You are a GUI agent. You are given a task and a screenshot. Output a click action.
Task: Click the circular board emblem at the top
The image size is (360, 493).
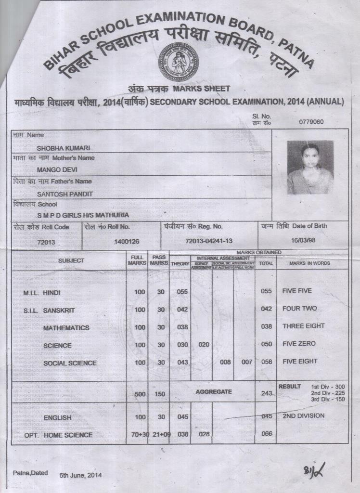point(178,62)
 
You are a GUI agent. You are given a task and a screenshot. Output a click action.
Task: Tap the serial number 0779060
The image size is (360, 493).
point(311,122)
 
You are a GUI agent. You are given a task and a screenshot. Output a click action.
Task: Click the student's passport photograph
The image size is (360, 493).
point(310,167)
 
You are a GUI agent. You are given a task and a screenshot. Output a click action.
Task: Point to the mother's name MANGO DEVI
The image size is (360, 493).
point(57,170)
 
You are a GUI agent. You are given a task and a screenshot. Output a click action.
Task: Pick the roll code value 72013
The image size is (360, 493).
point(46,242)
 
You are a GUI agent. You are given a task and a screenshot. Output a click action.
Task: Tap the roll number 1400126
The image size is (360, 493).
point(126,242)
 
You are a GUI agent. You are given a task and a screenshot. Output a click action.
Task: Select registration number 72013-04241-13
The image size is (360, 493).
point(209,240)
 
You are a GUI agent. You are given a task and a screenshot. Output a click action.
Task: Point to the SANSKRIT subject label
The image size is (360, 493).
point(59,311)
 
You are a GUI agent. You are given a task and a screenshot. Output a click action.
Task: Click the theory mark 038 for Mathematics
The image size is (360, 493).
point(182,327)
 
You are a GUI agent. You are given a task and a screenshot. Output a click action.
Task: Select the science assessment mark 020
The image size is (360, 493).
point(204,345)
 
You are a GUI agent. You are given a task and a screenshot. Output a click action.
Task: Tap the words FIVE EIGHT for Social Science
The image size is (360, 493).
point(300,361)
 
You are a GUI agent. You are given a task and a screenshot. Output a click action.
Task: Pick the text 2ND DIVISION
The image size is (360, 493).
point(304,415)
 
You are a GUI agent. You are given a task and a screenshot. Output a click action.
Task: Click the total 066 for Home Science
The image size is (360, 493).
point(267,434)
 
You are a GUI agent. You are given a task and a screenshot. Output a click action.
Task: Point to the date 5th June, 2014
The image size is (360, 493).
point(81,475)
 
